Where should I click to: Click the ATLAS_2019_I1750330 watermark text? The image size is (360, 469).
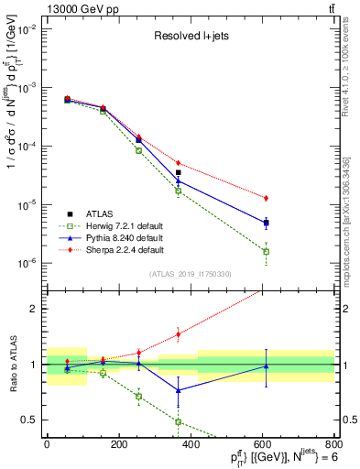click(191, 274)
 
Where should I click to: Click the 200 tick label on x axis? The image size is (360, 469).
click(118, 444)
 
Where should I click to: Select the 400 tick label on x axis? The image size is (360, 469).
click(191, 444)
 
